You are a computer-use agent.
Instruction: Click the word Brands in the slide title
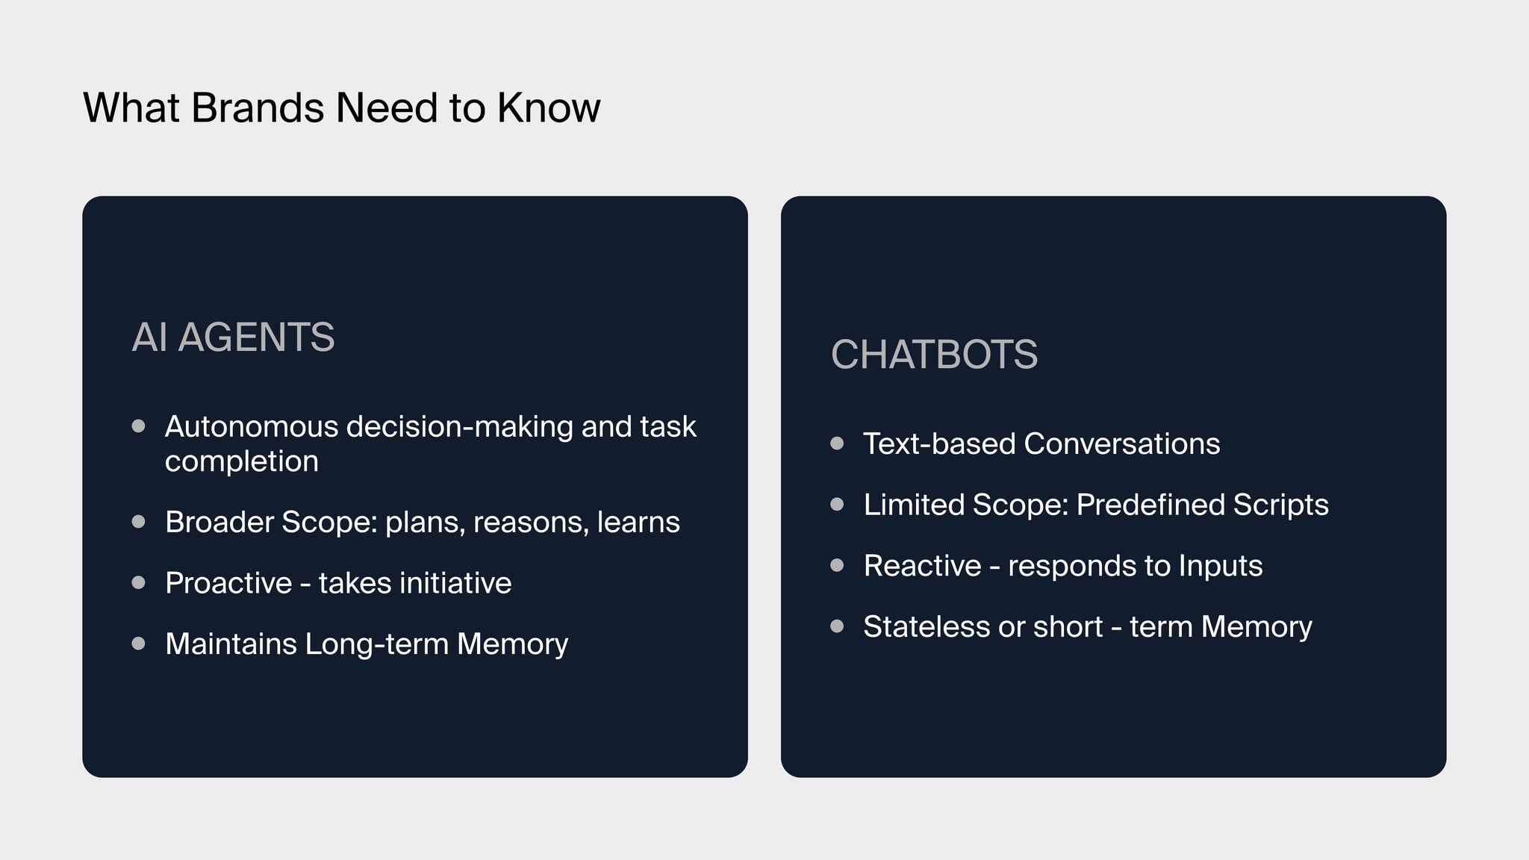(x=258, y=107)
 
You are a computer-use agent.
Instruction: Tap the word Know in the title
(x=549, y=107)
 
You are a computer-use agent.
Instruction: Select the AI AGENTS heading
(x=233, y=337)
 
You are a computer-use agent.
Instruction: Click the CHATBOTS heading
(x=934, y=354)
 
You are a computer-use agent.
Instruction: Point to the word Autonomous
(x=252, y=426)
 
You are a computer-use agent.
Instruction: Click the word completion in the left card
(x=242, y=462)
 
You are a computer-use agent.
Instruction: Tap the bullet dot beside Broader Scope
(x=138, y=522)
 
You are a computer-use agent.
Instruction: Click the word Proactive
(x=228, y=583)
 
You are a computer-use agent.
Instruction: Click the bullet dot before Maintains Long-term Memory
(x=138, y=644)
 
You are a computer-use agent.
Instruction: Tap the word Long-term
(x=377, y=644)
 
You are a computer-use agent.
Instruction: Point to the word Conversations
(x=1121, y=443)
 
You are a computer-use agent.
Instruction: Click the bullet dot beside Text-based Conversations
(x=837, y=443)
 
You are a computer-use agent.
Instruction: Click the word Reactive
(x=922, y=566)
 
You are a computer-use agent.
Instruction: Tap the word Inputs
(x=1221, y=567)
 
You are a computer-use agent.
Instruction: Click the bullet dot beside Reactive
(x=837, y=565)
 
